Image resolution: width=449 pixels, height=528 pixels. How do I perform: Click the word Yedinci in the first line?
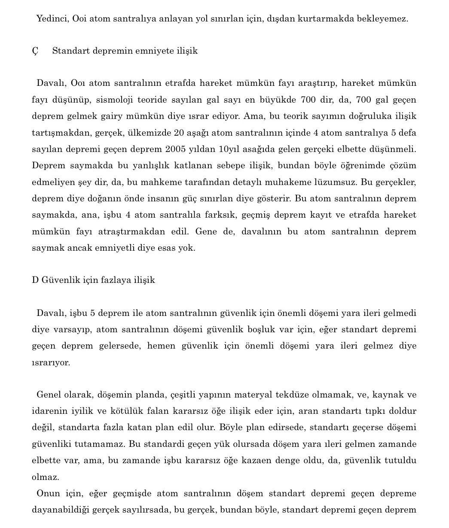pos(52,18)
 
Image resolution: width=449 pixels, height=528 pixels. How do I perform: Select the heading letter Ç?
pos(35,51)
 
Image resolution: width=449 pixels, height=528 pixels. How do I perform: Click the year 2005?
pos(176,149)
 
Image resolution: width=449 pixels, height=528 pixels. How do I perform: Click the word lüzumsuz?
pos(336,182)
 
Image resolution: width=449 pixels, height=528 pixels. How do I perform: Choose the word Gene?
pos(206,231)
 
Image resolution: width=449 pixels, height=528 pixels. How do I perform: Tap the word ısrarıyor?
pos(51,362)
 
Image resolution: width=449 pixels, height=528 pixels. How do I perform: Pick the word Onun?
pos(48,493)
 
